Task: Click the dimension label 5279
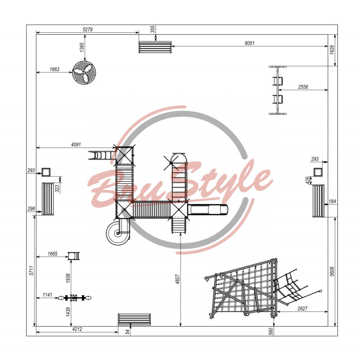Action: pos(87,30)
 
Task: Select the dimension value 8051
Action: pos(250,43)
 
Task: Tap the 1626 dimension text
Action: pos(332,50)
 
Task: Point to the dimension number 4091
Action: pos(76,144)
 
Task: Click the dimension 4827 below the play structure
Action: pos(178,279)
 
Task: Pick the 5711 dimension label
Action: pos(31,271)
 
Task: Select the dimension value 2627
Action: pos(302,309)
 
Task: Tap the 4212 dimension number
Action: pos(77,329)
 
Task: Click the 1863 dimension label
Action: pos(54,69)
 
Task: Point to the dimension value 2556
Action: pos(303,87)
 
